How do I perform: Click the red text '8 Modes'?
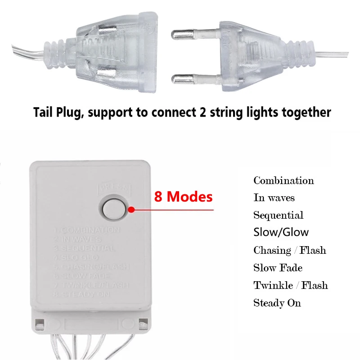click(x=183, y=197)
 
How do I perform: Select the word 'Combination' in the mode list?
click(x=283, y=181)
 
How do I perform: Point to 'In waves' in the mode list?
click(x=274, y=198)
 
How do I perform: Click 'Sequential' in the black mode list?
click(x=278, y=215)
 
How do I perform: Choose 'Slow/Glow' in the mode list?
click(x=281, y=232)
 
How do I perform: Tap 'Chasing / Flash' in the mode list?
click(x=289, y=250)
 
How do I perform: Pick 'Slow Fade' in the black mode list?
click(x=278, y=268)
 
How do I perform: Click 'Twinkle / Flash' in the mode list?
click(x=290, y=285)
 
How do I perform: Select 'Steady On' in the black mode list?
click(x=277, y=303)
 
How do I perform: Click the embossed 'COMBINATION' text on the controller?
click(x=92, y=230)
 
